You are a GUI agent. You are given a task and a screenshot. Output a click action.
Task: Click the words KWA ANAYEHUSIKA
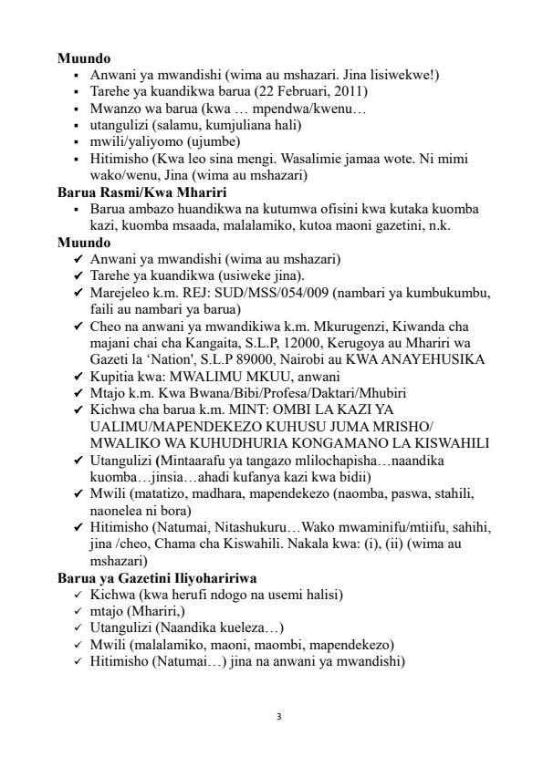pos(427,359)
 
